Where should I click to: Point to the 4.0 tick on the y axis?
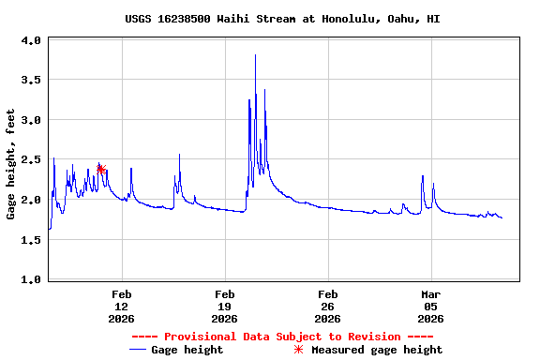[x=31, y=40]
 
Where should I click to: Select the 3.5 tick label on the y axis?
[x=31, y=81]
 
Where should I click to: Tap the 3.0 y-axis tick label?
[x=31, y=120]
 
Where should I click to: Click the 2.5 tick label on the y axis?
[x=31, y=160]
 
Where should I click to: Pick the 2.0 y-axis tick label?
[x=31, y=200]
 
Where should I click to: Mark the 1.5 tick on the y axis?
[x=31, y=240]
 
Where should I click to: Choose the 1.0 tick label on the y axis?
[x=31, y=279]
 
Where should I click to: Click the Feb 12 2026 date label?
[x=121, y=307]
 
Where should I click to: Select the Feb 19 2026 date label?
[x=224, y=307]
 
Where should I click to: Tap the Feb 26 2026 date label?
[x=327, y=307]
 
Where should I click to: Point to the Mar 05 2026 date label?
[x=430, y=307]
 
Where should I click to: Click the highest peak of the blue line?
[x=255, y=55]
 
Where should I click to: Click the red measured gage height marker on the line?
[x=100, y=169]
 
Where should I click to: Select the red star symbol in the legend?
[x=299, y=350]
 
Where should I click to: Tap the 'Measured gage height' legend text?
[x=377, y=350]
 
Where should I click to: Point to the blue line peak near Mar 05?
[x=423, y=176]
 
